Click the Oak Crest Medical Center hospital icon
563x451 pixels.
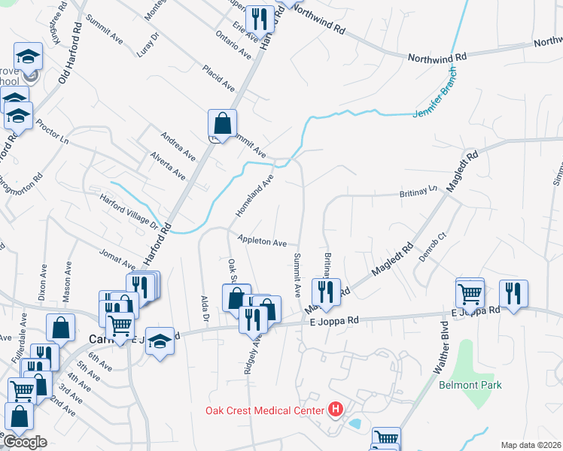tap(336, 410)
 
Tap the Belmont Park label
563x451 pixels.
tap(470, 385)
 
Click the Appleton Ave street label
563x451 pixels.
tap(262, 241)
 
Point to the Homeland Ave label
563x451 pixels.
tap(254, 196)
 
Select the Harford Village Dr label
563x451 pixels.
tap(132, 212)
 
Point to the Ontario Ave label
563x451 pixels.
tap(233, 44)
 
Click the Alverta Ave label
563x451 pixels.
tap(167, 164)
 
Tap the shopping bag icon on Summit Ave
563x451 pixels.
tap(223, 123)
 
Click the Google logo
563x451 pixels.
tap(24, 442)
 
